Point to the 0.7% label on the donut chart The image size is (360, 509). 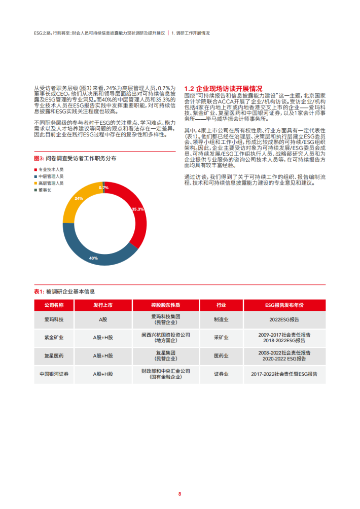click(104, 188)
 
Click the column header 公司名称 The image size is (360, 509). click(54, 306)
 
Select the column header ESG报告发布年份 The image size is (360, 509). click(284, 306)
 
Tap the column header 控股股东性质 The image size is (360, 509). click(165, 306)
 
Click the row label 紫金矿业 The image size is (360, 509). click(54, 338)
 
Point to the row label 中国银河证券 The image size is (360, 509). click(54, 374)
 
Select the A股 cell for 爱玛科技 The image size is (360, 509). click(103, 320)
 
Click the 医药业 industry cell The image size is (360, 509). click(221, 356)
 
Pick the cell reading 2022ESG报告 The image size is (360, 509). click(284, 320)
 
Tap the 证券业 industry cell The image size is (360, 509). click(221, 374)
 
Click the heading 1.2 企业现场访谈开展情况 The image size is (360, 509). click(223, 88)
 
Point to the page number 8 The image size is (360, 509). click(179, 493)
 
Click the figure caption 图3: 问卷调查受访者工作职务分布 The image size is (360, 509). click(75, 158)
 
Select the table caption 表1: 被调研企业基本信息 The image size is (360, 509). click(64, 292)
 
